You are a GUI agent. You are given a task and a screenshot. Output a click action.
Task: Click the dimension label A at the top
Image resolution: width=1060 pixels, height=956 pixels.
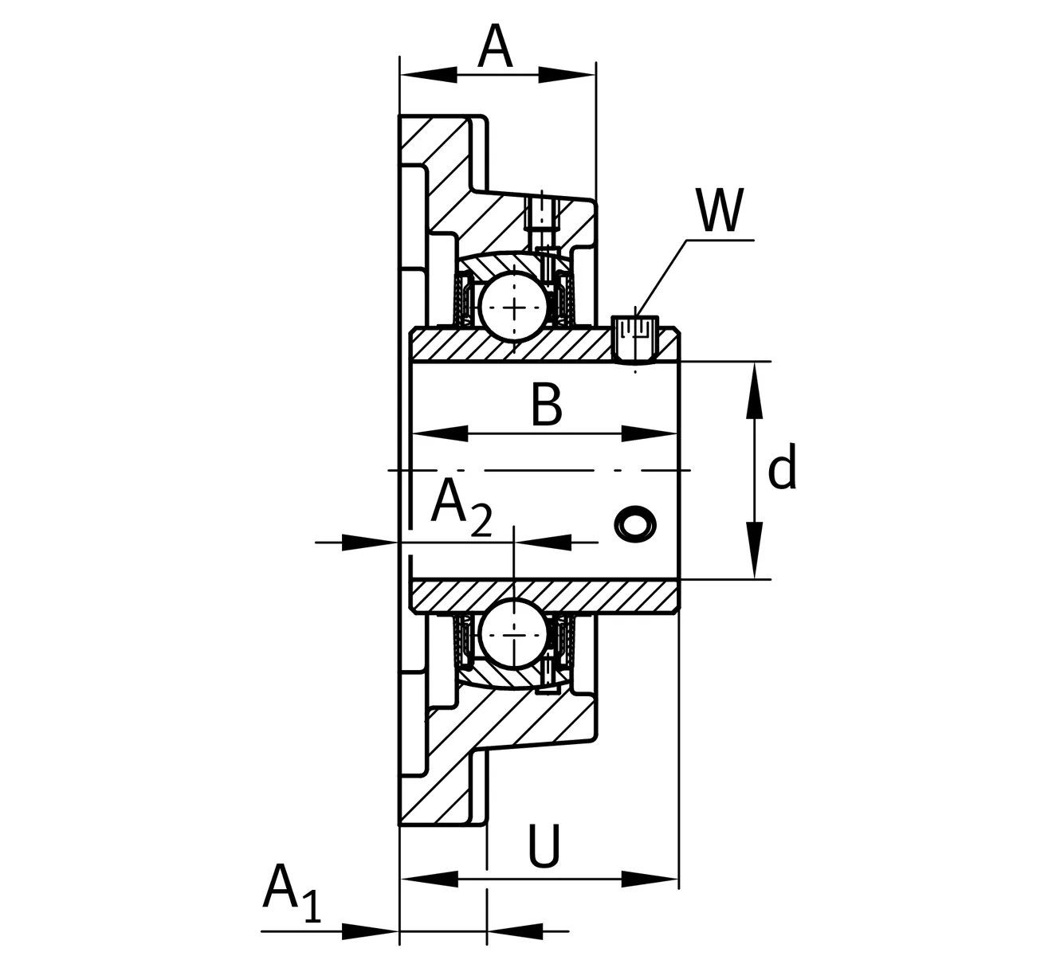click(x=495, y=47)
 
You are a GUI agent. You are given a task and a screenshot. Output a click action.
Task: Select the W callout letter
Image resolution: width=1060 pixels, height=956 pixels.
click(x=719, y=210)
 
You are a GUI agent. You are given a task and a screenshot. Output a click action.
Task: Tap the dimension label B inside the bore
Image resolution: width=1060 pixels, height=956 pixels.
click(x=547, y=405)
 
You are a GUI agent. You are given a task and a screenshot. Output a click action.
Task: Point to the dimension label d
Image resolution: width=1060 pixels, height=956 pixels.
click(x=782, y=469)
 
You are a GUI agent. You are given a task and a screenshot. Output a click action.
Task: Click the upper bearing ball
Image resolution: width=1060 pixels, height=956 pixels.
click(x=515, y=307)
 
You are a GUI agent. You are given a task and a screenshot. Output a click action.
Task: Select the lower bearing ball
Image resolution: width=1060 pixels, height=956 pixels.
click(x=515, y=634)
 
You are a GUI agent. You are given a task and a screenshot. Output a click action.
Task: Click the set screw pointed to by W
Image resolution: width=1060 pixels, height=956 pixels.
click(x=635, y=338)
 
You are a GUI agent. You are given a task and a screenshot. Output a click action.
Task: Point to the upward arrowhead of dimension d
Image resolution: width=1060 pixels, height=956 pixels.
click(x=754, y=390)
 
